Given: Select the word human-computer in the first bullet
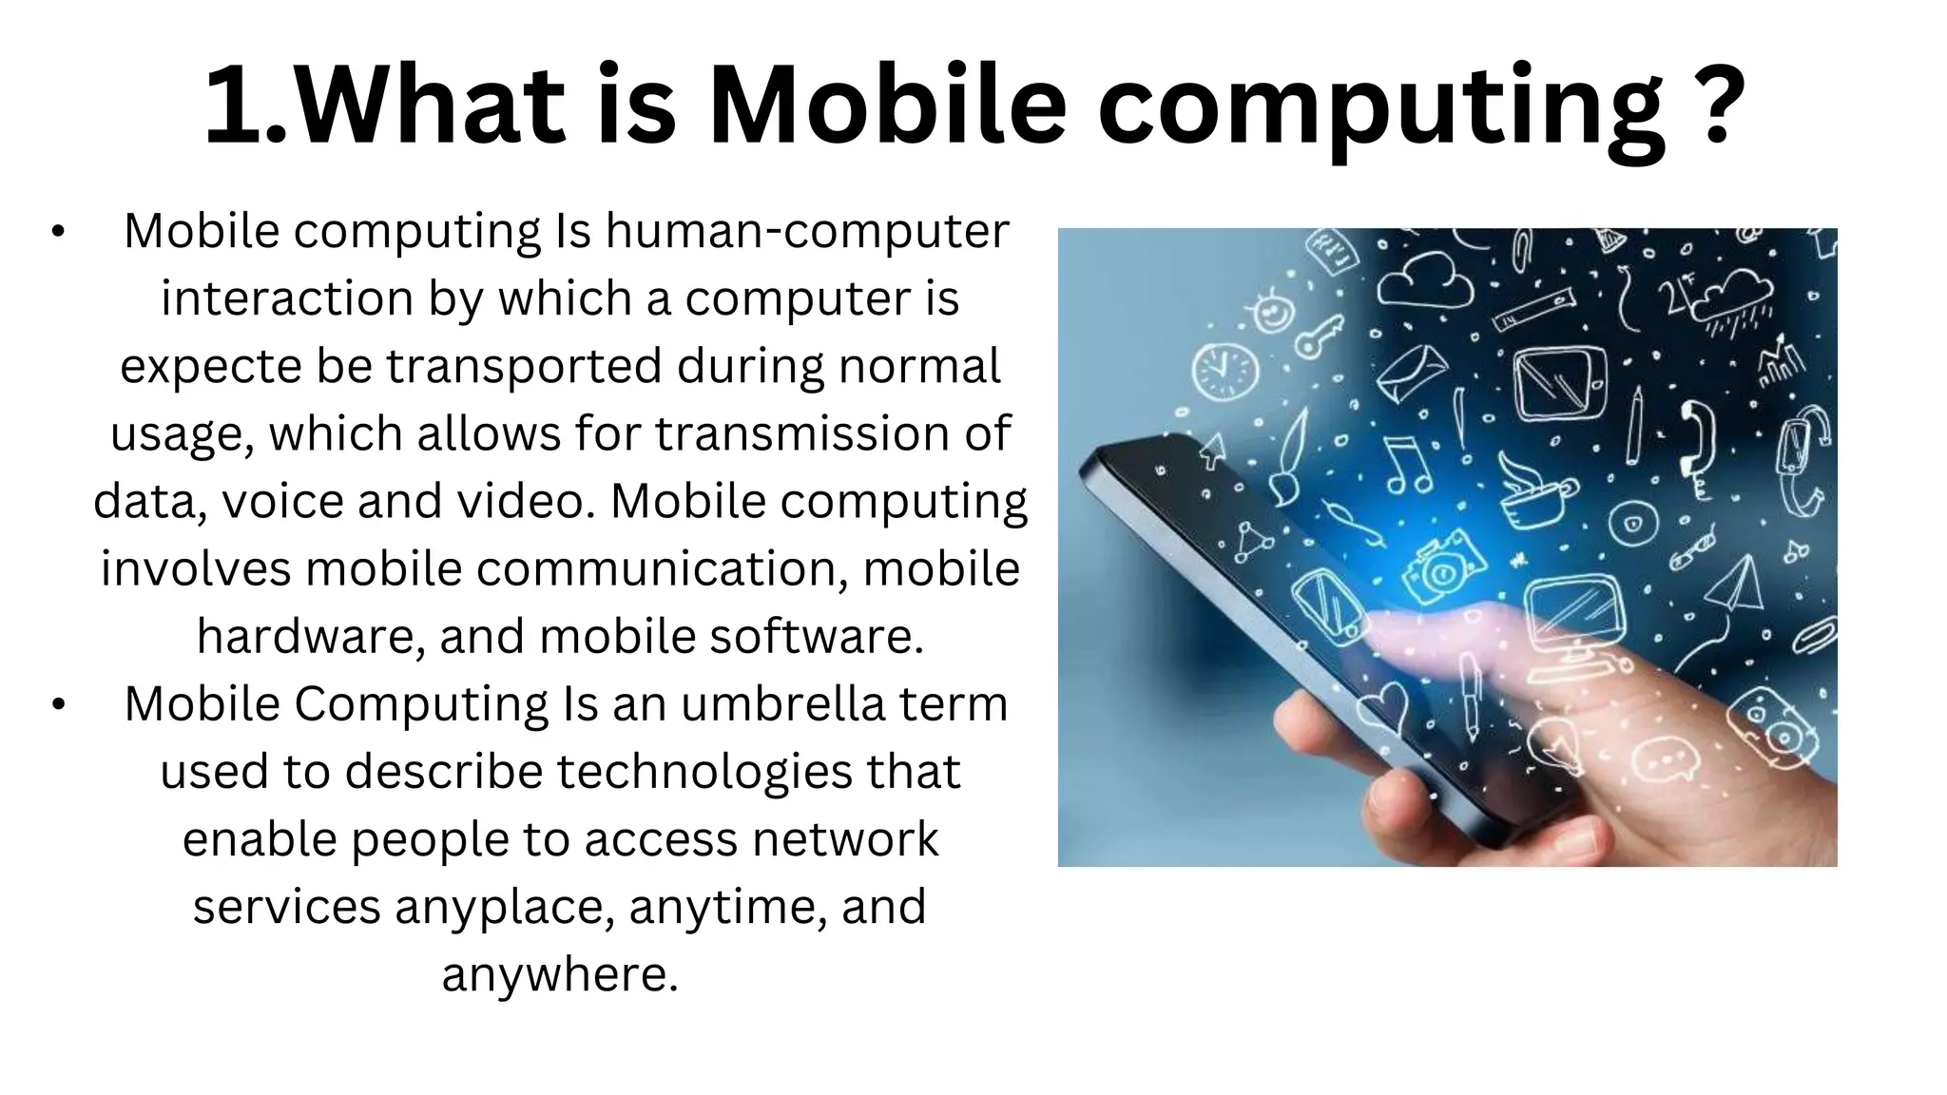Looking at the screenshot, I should coord(807,231).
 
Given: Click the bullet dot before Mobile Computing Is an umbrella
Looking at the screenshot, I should coord(58,705).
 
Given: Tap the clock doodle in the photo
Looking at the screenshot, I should coord(1225,371).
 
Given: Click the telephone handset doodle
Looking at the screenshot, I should coord(1695,438).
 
